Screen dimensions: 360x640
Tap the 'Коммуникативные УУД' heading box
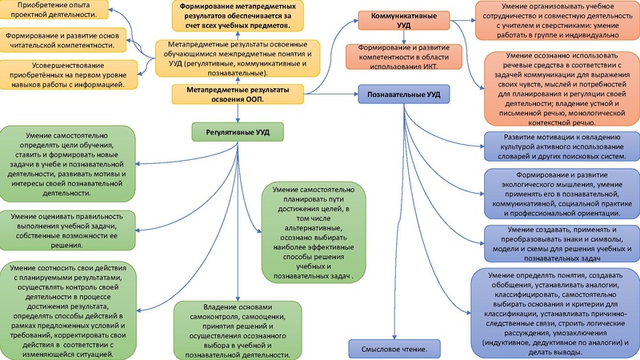(x=398, y=21)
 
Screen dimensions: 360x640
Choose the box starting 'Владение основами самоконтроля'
(x=237, y=328)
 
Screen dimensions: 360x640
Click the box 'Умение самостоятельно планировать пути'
(x=317, y=236)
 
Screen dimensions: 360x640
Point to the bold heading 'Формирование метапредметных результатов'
(x=237, y=15)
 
